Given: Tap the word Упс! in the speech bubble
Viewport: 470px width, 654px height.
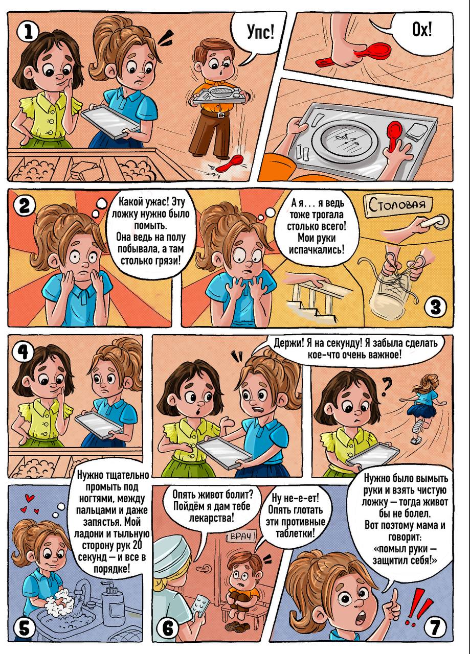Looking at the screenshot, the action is pos(261,32).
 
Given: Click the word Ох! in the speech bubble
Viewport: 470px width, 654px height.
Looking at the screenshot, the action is pos(422,30).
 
